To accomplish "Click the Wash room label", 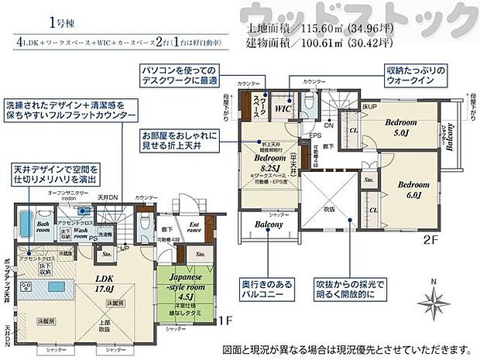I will point(84,230).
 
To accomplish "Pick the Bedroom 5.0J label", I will point(402,127).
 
